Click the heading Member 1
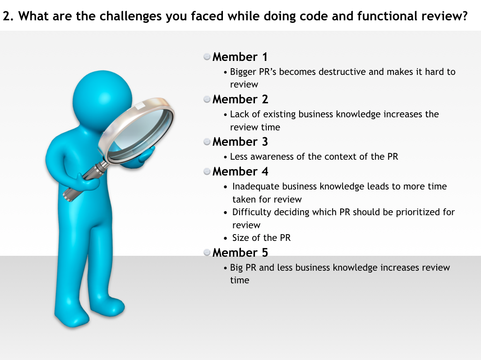click(x=240, y=57)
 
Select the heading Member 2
click(x=240, y=99)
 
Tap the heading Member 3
click(x=240, y=142)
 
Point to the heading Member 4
click(x=240, y=172)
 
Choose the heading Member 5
click(x=240, y=253)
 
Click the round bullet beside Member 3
click(x=207, y=142)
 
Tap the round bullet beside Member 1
click(x=207, y=57)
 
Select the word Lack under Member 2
click(x=240, y=114)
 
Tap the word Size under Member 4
click(x=241, y=238)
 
